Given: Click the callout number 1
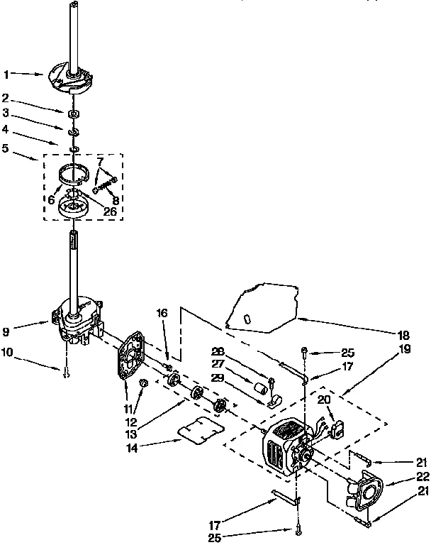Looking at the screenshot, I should point(6,73).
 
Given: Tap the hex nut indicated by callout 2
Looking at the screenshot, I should point(72,114).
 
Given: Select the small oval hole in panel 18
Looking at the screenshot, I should point(246,320).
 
